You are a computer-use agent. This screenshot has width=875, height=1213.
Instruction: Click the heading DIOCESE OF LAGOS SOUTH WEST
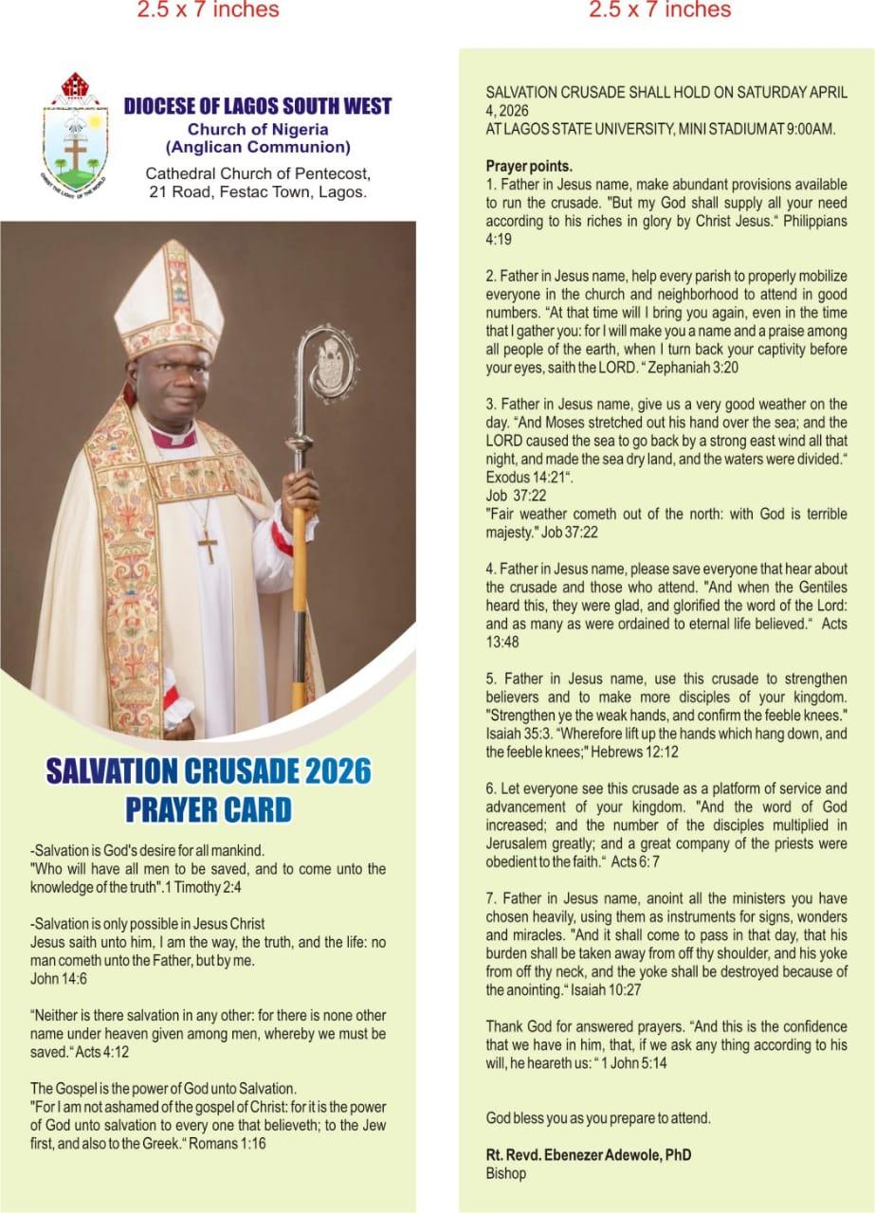(x=257, y=106)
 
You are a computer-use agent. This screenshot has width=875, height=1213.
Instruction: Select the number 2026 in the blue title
(x=338, y=769)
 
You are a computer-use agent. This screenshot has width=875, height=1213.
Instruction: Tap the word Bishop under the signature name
(x=503, y=1172)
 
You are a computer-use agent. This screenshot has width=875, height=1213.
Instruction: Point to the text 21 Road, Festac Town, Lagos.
(x=256, y=192)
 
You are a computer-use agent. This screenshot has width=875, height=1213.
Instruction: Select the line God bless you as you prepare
(x=597, y=1117)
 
